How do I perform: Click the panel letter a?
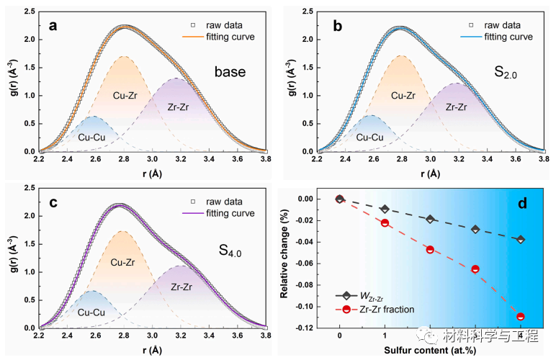tap(53, 26)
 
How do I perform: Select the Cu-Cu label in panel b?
tap(369, 137)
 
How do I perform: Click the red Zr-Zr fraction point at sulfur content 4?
tap(520, 316)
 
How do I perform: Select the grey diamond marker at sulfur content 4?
tap(520, 239)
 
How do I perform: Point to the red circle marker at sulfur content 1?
tap(385, 223)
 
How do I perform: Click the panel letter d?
tap(524, 204)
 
